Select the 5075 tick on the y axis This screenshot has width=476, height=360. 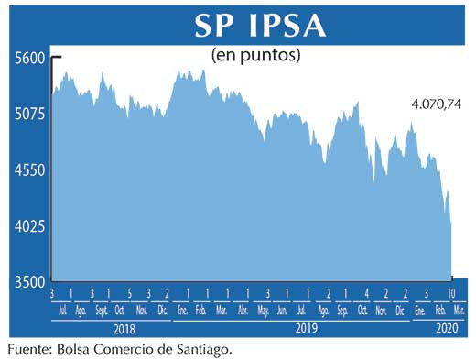[x=29, y=115]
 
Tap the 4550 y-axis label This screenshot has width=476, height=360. [x=29, y=170]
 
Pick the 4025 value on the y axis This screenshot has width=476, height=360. [x=29, y=226]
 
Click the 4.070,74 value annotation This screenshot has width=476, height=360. [x=434, y=106]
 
